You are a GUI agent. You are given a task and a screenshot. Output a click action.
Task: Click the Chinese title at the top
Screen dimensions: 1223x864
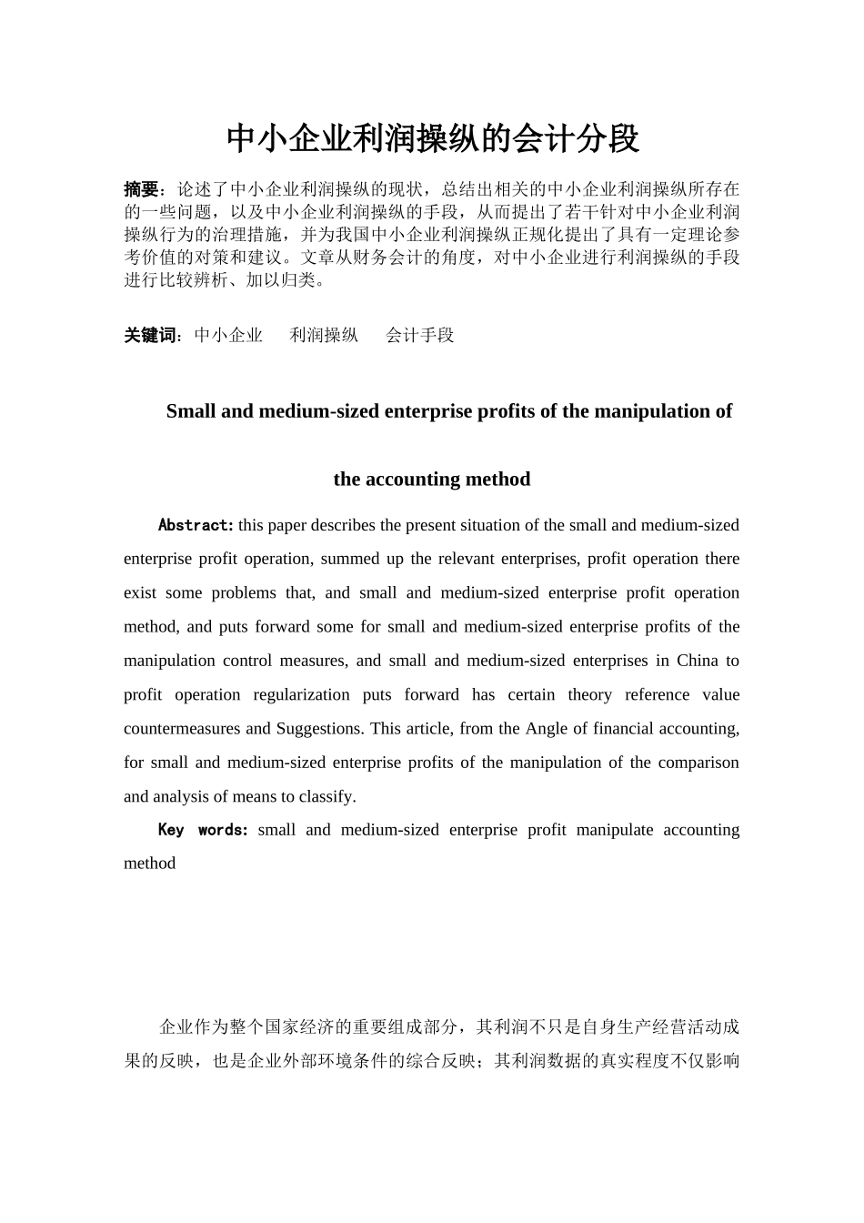pyautogui.click(x=432, y=138)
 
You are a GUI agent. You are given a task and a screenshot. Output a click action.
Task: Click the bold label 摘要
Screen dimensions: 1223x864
pyautogui.click(x=141, y=189)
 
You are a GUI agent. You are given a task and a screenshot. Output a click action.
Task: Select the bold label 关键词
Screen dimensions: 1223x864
pyautogui.click(x=150, y=335)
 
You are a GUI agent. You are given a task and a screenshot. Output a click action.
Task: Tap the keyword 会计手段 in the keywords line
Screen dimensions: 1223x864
pyautogui.click(x=419, y=335)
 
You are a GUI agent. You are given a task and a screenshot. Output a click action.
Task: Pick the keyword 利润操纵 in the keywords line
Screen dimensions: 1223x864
pyautogui.click(x=324, y=335)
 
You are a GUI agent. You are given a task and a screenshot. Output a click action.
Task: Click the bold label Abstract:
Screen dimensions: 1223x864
pyautogui.click(x=196, y=525)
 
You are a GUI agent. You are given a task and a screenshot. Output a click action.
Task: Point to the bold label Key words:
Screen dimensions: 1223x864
pyautogui.click(x=203, y=830)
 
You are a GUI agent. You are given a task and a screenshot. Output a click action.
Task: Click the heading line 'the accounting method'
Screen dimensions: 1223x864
pyautogui.click(x=432, y=480)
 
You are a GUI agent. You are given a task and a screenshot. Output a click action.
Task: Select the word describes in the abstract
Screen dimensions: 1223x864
pyautogui.click(x=344, y=525)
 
